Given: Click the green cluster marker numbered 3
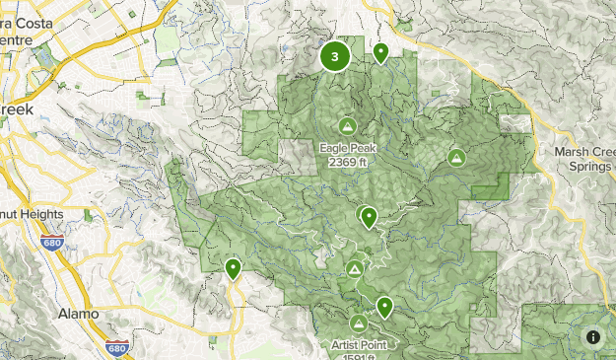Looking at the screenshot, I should (335, 56).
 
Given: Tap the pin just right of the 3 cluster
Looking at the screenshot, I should (379, 52).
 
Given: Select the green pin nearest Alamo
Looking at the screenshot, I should (234, 267).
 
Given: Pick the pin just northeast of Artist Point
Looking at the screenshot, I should (383, 307).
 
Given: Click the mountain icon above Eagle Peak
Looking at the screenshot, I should (347, 126).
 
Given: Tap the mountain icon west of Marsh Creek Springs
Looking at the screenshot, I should (456, 157).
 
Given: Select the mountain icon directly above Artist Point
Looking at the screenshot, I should (358, 324).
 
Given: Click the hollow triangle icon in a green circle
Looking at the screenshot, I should (355, 268).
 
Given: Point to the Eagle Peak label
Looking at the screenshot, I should (347, 149).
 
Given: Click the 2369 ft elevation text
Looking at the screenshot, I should (347, 162).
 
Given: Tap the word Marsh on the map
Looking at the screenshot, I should (571, 152).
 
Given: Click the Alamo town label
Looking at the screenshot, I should (79, 313).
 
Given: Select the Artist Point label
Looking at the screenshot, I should (359, 344).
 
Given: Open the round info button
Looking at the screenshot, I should (593, 337).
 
